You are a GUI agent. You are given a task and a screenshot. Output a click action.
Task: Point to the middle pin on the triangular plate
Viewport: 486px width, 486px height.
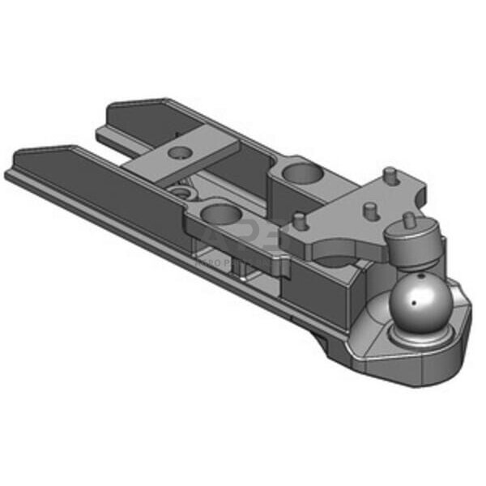pyautogui.click(x=369, y=210)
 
